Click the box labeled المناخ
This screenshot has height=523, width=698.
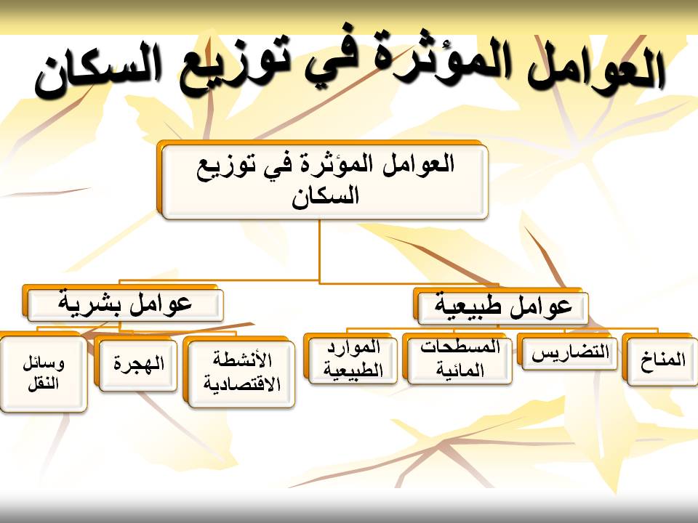tap(660, 358)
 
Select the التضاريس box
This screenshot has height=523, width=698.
tap(568, 353)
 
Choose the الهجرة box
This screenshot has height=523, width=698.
tap(136, 363)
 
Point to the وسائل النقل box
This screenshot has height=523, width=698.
tap(43, 372)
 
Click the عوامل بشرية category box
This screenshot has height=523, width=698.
tap(123, 304)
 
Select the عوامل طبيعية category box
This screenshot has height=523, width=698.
tap(501, 306)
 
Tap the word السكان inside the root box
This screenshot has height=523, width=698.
tap(326, 196)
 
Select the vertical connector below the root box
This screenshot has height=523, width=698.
tap(319, 251)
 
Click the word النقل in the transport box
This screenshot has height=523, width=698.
tap(43, 384)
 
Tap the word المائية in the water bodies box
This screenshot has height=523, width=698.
tap(460, 370)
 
